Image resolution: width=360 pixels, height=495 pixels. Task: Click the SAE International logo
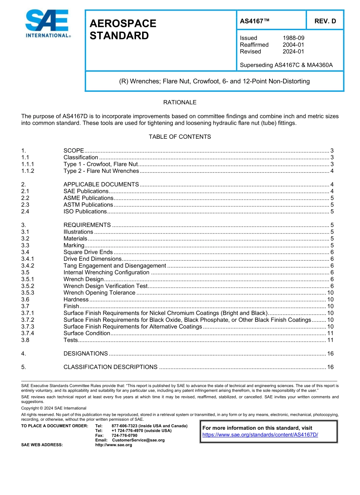47,24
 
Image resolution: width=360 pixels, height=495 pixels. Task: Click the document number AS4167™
254,21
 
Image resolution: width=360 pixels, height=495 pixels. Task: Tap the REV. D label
325,21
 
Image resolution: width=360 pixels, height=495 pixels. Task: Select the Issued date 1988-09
293,38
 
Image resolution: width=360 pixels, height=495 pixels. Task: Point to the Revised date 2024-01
293,52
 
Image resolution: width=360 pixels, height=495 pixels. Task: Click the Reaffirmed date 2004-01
293,45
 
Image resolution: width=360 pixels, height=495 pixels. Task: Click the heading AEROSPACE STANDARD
123,30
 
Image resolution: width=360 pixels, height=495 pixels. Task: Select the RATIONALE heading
180,102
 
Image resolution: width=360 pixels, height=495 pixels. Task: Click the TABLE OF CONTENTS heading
180,137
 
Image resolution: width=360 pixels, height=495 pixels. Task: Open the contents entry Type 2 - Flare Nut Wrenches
101,171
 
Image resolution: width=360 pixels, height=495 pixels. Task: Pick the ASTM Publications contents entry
88,205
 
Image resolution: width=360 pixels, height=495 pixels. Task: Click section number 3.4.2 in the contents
28,266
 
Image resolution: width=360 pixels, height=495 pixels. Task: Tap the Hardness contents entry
76,299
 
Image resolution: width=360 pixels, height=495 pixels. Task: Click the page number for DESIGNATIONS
330,354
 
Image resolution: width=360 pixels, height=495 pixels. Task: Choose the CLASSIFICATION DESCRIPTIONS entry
110,367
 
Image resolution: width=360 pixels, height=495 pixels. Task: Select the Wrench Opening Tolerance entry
99,293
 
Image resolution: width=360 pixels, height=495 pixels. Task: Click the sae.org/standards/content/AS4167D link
260,435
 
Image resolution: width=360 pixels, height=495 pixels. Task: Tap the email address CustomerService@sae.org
138,440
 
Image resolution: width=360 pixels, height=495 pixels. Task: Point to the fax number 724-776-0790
124,435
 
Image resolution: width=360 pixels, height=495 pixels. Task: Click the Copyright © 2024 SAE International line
54,408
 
